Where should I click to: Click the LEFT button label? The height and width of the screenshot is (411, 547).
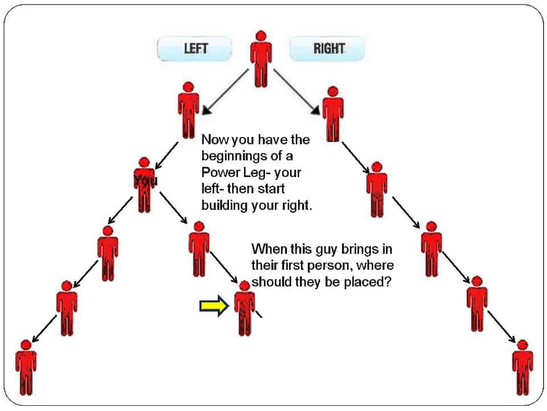[195, 49]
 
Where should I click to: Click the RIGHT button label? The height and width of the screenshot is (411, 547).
[329, 49]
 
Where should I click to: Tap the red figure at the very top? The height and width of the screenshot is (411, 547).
[261, 58]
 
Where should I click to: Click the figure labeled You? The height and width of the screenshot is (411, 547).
[144, 185]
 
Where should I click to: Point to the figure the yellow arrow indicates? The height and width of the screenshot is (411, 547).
[244, 308]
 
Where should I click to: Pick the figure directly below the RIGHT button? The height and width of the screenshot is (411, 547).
[333, 114]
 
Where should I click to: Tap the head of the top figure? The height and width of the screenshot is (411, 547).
[261, 35]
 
